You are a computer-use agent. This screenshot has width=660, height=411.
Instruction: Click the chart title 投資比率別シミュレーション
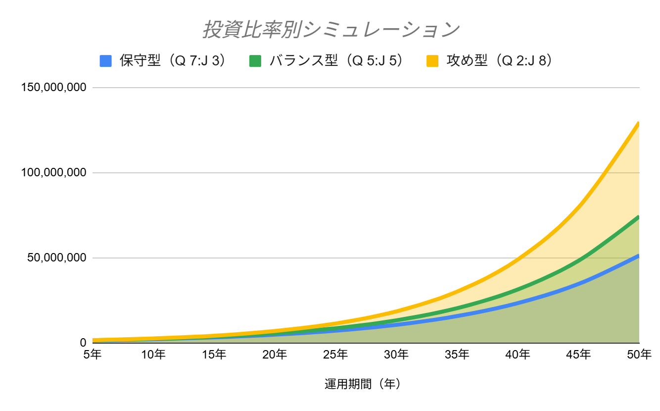coord(330,30)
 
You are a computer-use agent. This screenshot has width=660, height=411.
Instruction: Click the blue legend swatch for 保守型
coord(105,61)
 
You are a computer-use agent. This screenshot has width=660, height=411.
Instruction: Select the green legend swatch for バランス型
coord(255,61)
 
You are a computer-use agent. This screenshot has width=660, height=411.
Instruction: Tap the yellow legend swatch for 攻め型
coord(432,61)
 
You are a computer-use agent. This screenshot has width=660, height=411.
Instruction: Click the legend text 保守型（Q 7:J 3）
coord(173,61)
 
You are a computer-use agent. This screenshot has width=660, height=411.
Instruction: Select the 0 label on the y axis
coord(83,343)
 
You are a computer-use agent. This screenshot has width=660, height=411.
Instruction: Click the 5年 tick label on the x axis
coord(93,355)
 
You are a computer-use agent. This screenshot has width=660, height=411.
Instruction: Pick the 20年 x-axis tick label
coord(275,355)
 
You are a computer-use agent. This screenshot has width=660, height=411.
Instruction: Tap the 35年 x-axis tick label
coord(457,355)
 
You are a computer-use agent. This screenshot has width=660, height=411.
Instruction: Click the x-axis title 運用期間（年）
coord(362,384)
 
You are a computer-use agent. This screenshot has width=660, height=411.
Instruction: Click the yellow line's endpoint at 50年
coord(638,123)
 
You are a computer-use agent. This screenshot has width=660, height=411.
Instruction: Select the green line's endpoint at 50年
coord(638,217)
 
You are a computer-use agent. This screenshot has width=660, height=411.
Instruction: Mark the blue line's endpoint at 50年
coord(638,256)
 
